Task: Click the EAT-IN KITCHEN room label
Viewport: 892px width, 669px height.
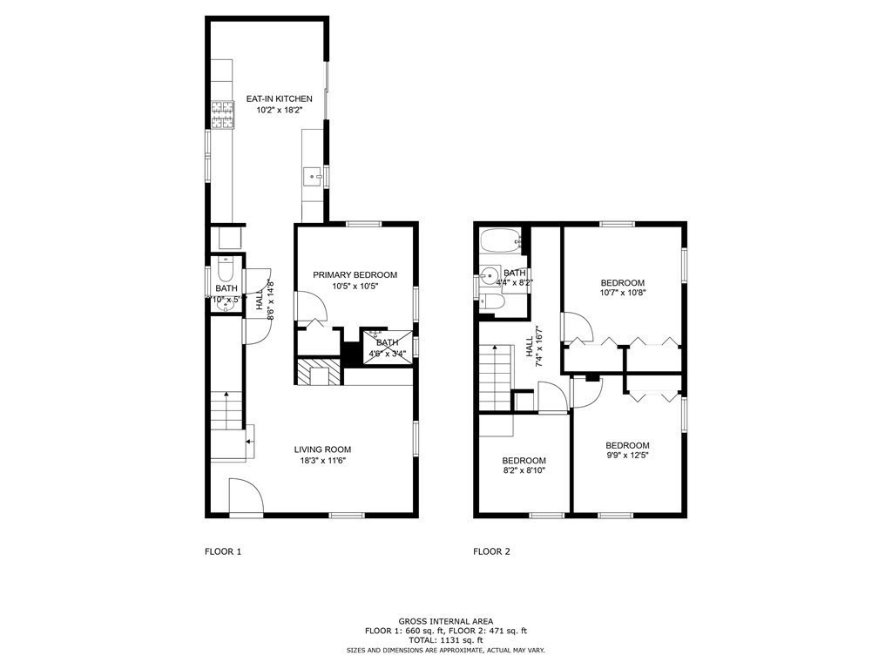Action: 279,99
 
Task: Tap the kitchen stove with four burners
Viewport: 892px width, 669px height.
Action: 223,115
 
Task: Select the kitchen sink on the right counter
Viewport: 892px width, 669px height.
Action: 312,178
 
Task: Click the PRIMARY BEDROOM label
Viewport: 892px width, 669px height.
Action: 355,275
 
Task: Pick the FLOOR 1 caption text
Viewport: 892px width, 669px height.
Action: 223,551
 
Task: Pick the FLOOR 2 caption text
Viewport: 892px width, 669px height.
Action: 491,551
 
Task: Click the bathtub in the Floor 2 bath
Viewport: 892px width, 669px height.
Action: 498,240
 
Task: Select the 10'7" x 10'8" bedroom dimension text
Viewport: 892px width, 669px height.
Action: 623,294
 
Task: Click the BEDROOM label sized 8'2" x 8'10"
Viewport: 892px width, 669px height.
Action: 524,461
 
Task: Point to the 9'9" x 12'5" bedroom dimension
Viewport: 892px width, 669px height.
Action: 627,455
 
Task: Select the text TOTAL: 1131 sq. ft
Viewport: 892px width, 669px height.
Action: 445,640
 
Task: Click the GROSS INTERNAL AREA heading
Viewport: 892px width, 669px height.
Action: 445,621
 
